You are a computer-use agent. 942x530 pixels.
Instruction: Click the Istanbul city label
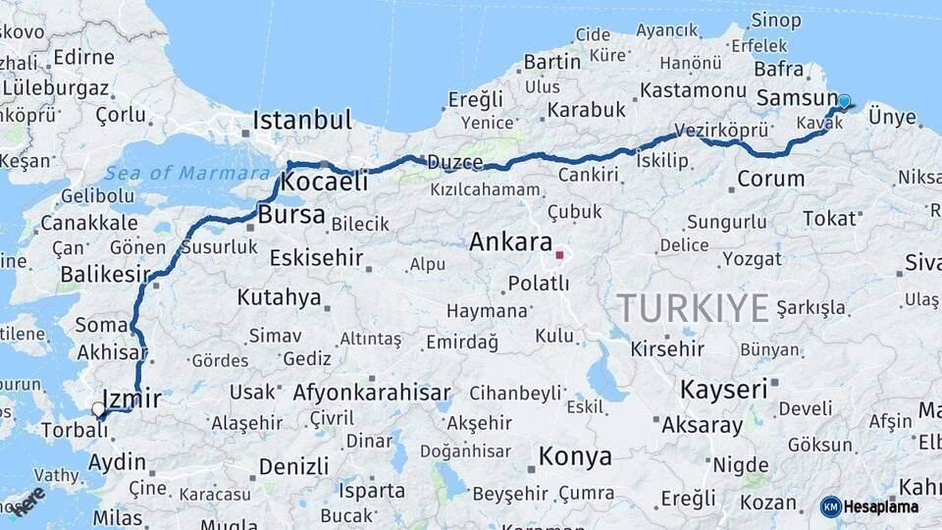(301, 121)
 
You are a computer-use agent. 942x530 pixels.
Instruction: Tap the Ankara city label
(510, 241)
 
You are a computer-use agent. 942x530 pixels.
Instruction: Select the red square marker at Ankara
(559, 255)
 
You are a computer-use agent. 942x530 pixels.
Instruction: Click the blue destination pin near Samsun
(844, 101)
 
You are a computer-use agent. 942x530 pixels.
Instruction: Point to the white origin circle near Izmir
(98, 408)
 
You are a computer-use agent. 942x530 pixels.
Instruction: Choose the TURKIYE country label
(693, 308)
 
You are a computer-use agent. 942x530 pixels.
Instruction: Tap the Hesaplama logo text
(881, 507)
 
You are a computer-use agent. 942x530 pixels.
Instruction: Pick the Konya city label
(575, 456)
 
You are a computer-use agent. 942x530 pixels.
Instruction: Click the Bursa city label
(292, 213)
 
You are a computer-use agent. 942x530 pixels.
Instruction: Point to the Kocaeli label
(324, 182)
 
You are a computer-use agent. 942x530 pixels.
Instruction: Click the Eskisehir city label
(315, 259)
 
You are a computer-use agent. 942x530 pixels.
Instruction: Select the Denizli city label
(295, 465)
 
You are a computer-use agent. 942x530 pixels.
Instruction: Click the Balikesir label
(103, 275)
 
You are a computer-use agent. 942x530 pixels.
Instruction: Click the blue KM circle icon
(831, 507)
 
